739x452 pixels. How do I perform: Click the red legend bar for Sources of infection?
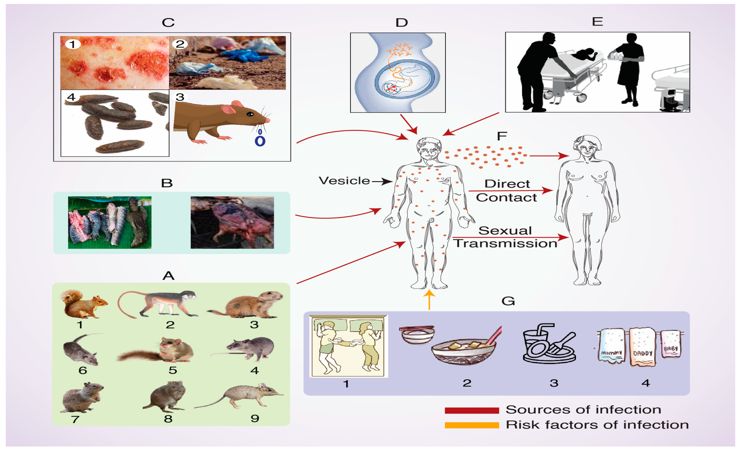(471, 410)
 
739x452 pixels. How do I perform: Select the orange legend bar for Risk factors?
(471, 425)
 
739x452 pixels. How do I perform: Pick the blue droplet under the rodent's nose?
(260, 140)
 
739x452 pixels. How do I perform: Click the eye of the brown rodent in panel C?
(250, 114)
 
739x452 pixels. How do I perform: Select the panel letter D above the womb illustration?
(401, 22)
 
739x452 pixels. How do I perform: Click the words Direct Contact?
(507, 191)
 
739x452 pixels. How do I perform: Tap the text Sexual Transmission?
(505, 237)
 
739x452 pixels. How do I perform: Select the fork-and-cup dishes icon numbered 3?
(549, 344)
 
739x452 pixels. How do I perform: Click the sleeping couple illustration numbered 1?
(348, 346)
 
